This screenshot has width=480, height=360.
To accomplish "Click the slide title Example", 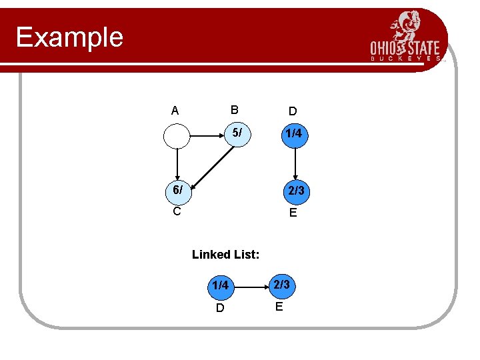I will [x=69, y=37].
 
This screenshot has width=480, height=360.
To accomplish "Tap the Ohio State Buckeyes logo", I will [x=406, y=37].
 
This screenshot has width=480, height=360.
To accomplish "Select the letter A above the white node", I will [x=175, y=111].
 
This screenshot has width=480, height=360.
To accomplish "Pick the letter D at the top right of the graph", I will [x=293, y=111].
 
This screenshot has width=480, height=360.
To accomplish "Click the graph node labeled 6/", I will [x=177, y=191].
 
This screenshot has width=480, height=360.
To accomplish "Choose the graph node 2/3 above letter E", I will [x=295, y=191].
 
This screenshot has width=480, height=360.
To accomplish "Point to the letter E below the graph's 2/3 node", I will [x=293, y=213].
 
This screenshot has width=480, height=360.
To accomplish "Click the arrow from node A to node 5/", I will [x=207, y=135].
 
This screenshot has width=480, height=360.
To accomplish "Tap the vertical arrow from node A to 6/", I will [x=177, y=163].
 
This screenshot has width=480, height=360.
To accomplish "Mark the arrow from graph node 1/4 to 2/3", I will [x=295, y=163].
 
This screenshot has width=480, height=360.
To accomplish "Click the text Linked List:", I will [x=225, y=254].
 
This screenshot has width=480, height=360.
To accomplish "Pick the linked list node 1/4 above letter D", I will [x=221, y=286].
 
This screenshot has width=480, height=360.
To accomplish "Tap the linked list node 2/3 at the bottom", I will [x=281, y=285].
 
